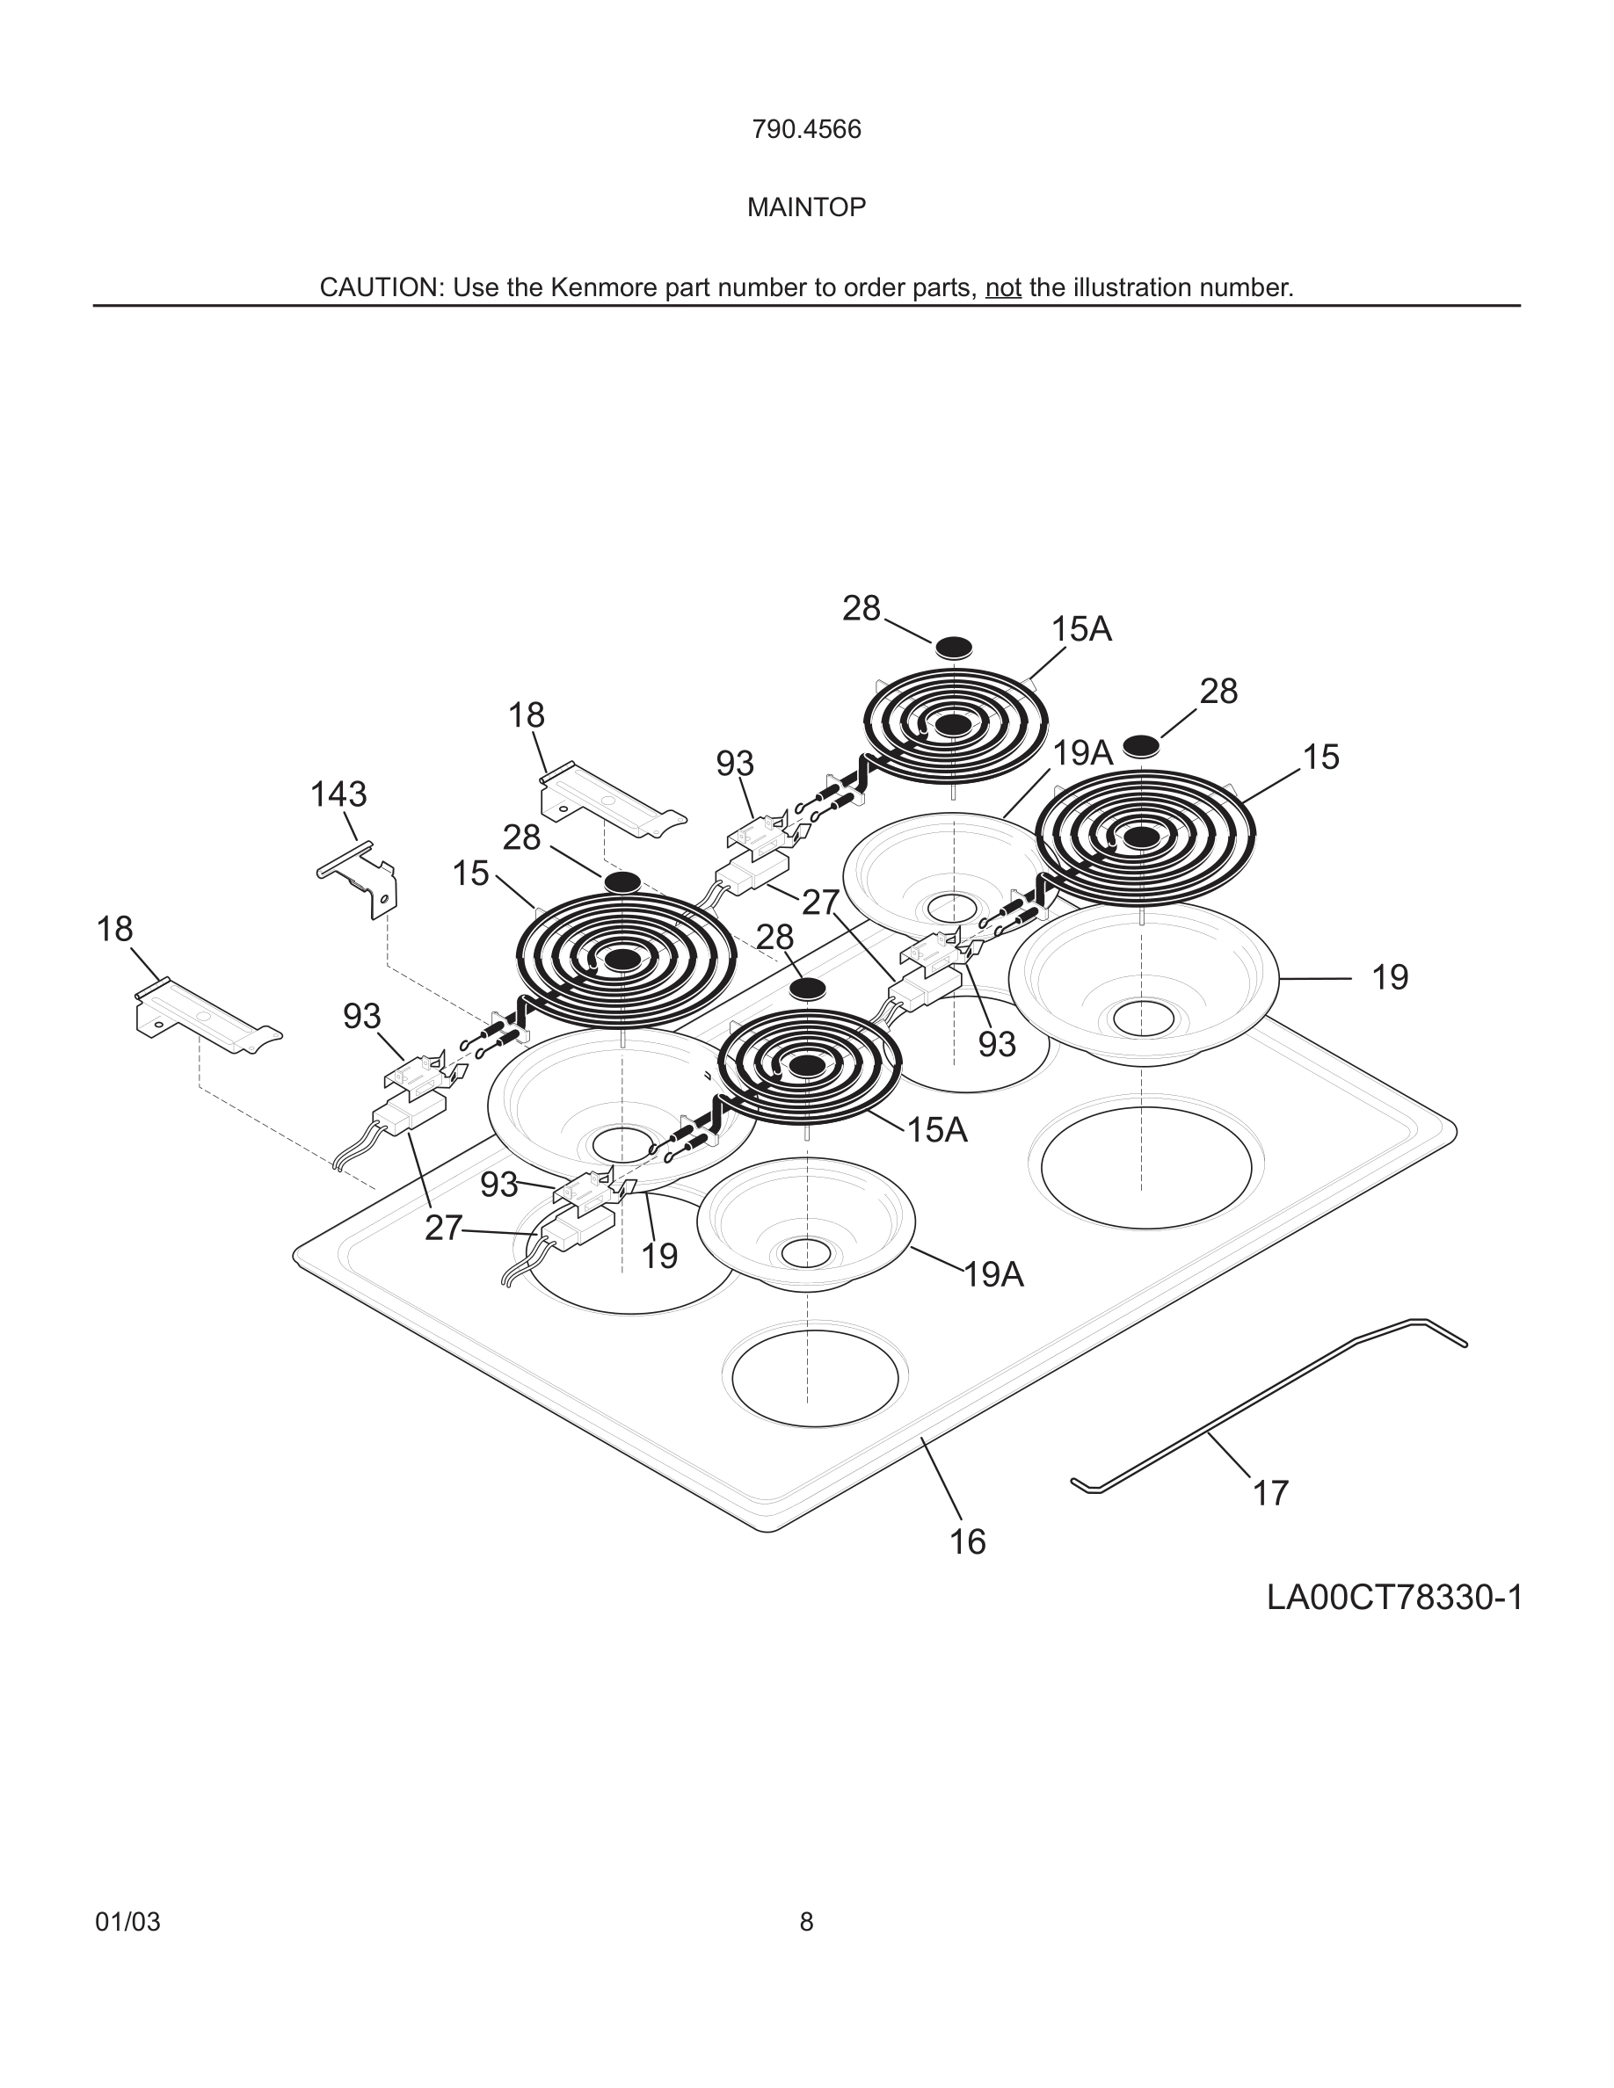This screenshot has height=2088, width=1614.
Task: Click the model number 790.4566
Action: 806,130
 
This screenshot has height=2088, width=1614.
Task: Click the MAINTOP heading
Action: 806,207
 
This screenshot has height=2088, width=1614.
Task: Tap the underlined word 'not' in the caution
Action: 1003,287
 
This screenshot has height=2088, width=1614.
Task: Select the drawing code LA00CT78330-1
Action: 1394,1598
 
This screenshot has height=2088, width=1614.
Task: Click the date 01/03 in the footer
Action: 127,1923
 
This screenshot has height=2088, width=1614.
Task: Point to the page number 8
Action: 806,1923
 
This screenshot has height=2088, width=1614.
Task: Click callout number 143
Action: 338,794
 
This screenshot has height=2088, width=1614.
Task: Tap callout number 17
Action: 1271,1492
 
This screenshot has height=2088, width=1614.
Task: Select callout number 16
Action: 967,1542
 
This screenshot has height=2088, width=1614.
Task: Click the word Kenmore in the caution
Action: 604,287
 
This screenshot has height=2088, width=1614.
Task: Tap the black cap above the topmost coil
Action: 952,648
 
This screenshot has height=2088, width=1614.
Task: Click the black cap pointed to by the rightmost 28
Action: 1141,743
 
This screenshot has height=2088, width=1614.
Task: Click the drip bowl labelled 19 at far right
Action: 1143,985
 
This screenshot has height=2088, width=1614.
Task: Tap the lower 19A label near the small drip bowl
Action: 993,1275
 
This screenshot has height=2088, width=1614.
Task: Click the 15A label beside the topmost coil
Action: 1081,629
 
